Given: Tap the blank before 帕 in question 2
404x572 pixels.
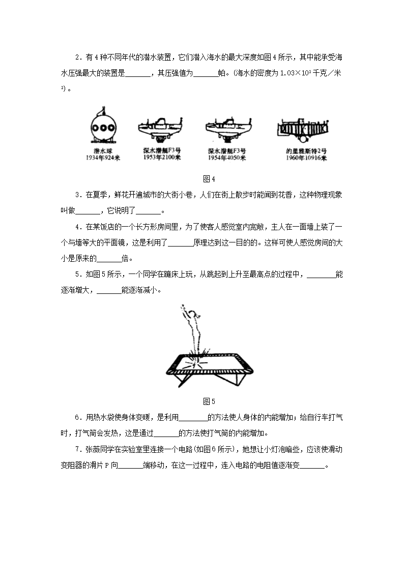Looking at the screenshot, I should click(x=206, y=73).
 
